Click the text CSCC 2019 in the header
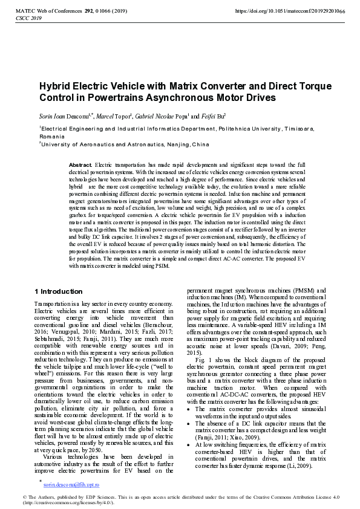(27, 19)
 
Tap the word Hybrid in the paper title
(56, 86)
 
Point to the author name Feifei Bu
(214, 115)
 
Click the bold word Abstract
(80, 164)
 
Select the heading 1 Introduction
(59, 291)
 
